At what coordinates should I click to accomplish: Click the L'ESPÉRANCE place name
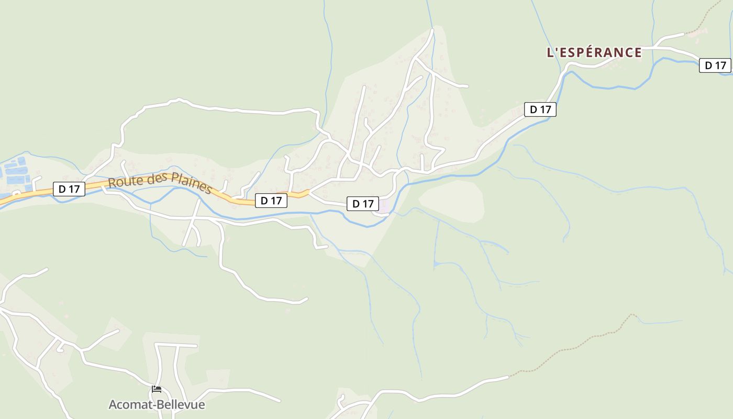(594, 52)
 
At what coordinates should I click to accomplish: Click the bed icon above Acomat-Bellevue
(156, 389)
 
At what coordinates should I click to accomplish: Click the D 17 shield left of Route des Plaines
(69, 189)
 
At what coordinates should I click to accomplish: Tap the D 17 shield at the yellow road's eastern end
(271, 200)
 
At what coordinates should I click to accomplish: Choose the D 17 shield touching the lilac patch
(363, 204)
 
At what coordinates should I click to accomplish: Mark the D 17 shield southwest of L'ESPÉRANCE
(540, 109)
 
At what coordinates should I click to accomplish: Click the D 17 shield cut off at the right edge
(715, 65)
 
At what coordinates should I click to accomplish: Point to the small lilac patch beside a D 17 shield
(385, 206)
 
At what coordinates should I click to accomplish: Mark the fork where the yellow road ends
(309, 193)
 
